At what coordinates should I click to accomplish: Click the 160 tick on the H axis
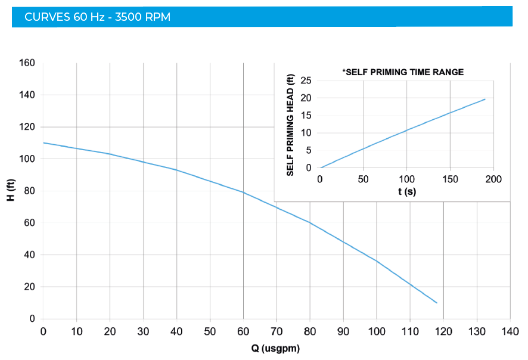pos(27,63)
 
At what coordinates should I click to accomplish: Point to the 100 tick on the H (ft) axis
pos(27,159)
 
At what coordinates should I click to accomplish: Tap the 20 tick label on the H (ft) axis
pos(30,287)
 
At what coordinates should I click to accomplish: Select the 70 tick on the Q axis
pos(277,331)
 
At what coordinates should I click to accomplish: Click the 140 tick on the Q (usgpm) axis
pos(510,331)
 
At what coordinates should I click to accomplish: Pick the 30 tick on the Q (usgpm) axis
pos(143,331)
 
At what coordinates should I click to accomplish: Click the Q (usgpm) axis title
pos(276,348)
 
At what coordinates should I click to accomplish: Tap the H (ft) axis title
pos(11,191)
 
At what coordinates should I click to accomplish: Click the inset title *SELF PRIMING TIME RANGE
pos(403,72)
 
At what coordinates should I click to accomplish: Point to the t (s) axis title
pos(407,192)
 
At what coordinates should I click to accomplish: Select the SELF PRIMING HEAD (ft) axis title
pos(290,125)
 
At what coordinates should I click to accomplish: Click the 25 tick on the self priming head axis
pos(307,80)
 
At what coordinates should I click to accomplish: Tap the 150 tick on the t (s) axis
pos(450,179)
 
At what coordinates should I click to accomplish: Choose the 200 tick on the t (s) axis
pos(493,179)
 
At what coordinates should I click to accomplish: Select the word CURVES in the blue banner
pos(46,17)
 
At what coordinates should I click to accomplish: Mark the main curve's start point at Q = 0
pos(44,143)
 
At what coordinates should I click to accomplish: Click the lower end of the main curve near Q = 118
pos(437,303)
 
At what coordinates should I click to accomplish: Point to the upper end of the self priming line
pos(485,99)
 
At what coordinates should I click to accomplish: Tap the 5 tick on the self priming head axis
pos(309,150)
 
